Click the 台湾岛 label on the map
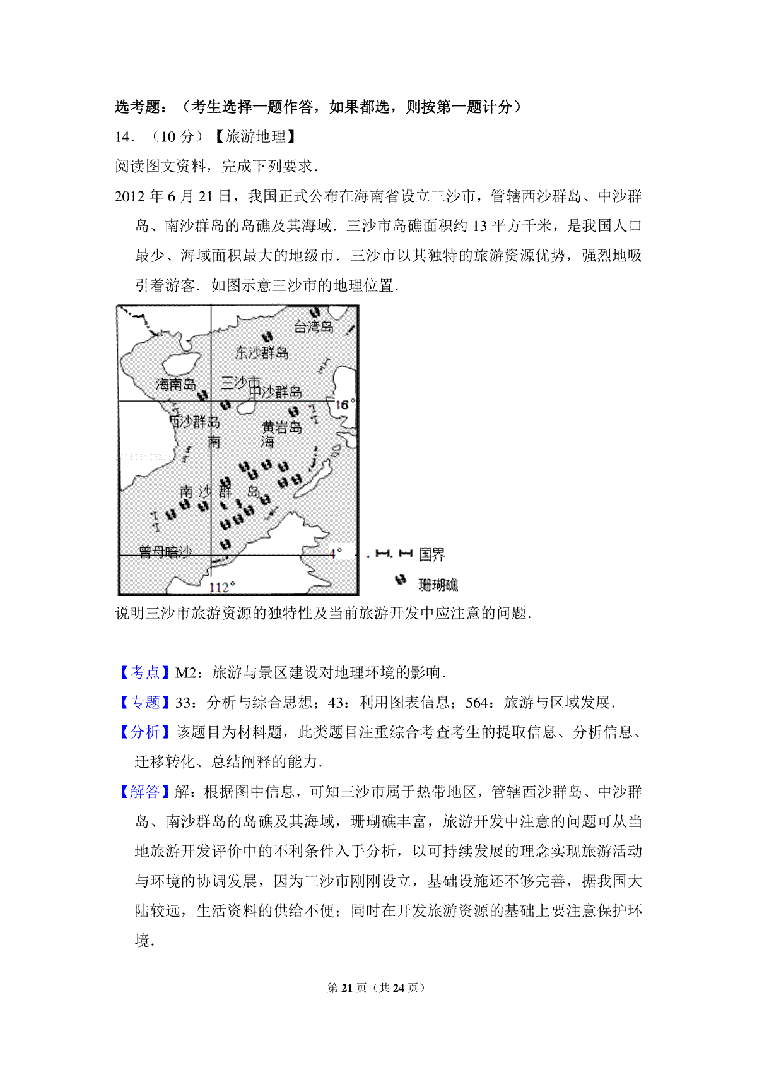pyautogui.click(x=314, y=327)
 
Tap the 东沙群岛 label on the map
pyautogui.click(x=262, y=353)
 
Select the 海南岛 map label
pyautogui.click(x=175, y=384)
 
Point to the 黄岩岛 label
pyautogui.click(x=282, y=427)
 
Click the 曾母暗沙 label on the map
pyautogui.click(x=165, y=552)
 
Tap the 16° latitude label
pyautogui.click(x=344, y=405)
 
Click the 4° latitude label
pyautogui.click(x=336, y=553)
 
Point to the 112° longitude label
pyautogui.click(x=221, y=587)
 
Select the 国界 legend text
pyautogui.click(x=431, y=555)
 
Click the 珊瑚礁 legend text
pyautogui.click(x=438, y=585)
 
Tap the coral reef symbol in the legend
pyautogui.click(x=400, y=580)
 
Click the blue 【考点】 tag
pyautogui.click(x=144, y=673)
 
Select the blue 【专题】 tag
pyautogui.click(x=144, y=703)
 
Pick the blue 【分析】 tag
pyautogui.click(x=144, y=732)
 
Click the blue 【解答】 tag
pyautogui.click(x=144, y=792)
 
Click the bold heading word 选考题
pyautogui.click(x=138, y=107)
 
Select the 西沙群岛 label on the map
pyautogui.click(x=194, y=421)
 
